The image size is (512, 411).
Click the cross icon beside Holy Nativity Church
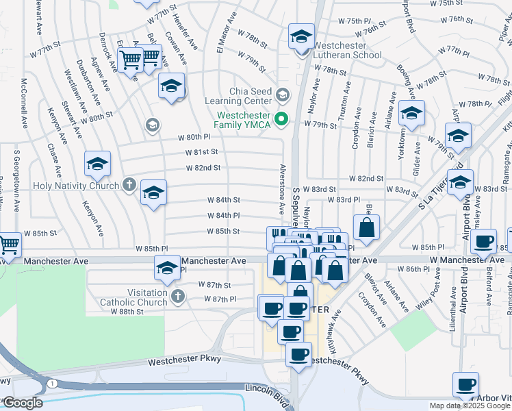pyautogui.click(x=129, y=184)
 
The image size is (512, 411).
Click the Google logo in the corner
pyautogui.click(x=23, y=403)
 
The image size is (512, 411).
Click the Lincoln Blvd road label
pyautogui.click(x=268, y=388)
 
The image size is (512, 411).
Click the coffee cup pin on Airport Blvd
pyautogui.click(x=485, y=241)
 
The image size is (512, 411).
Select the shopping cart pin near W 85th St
pyautogui.click(x=8, y=245)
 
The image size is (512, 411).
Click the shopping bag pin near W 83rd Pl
pyautogui.click(x=366, y=228)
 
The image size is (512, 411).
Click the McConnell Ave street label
pyautogui.click(x=25, y=103)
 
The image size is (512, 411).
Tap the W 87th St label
pyautogui.click(x=214, y=284)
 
